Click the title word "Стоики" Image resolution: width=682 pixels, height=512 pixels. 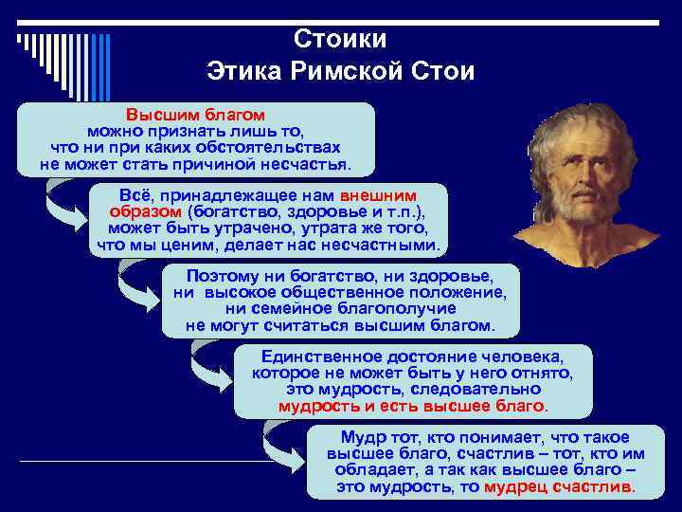340,40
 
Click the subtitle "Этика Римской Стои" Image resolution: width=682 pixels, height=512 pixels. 340,72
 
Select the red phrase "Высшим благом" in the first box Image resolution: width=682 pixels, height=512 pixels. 196,114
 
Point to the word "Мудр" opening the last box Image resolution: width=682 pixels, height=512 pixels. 361,437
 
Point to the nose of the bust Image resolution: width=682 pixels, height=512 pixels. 580,176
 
